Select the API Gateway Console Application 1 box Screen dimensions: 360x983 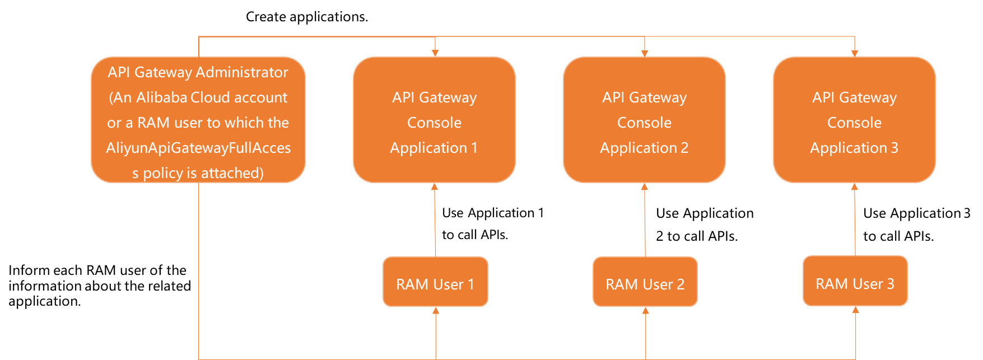click(434, 119)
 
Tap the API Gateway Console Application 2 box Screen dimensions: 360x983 click(644, 119)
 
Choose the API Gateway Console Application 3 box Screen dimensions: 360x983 click(854, 119)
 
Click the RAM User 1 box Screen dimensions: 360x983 click(435, 282)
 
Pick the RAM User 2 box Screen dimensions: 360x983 click(645, 282)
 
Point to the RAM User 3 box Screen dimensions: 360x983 click(855, 281)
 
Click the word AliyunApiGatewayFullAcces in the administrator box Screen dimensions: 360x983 click(198, 148)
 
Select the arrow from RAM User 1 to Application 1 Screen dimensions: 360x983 click(435, 221)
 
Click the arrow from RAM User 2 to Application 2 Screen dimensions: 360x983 click(645, 221)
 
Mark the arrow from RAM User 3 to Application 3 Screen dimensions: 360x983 click(855, 221)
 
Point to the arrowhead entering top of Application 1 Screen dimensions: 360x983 click(435, 53)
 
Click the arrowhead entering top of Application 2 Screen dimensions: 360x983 click(645, 53)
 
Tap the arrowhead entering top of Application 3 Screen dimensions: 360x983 click(855, 53)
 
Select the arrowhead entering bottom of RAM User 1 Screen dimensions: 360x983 click(436, 310)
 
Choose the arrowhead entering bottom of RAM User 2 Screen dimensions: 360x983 click(645, 310)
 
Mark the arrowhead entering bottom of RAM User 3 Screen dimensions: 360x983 click(855, 310)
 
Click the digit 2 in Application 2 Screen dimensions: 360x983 click(684, 148)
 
